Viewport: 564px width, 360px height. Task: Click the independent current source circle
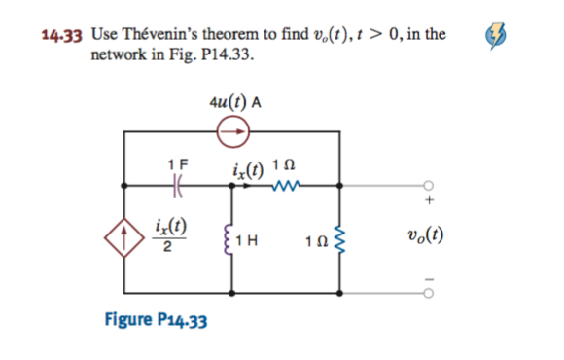click(233, 126)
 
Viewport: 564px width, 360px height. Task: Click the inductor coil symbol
click(231, 236)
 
